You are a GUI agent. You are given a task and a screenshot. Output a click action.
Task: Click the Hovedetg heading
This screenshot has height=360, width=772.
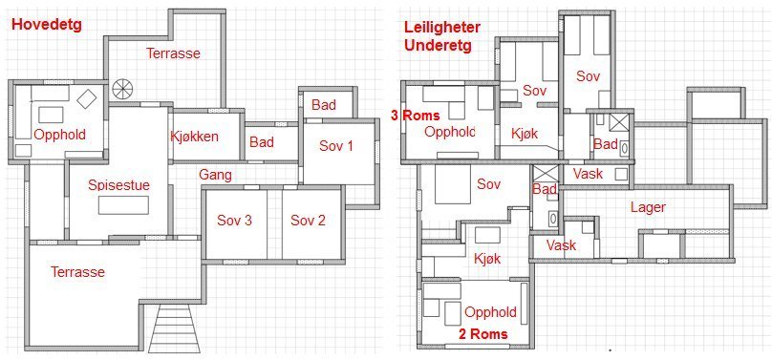[46, 25]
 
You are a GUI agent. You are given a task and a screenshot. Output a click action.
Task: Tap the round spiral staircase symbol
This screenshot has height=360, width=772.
[122, 89]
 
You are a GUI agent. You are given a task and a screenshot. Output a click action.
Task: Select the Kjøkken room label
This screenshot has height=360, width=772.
[194, 137]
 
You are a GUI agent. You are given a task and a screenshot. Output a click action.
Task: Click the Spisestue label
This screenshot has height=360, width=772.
[118, 185]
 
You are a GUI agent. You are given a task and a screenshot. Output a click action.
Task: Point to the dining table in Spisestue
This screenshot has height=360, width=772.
[123, 205]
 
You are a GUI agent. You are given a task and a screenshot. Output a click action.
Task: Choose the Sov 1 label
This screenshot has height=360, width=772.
[336, 145]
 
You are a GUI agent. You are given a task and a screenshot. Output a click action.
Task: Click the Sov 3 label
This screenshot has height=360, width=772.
[234, 221]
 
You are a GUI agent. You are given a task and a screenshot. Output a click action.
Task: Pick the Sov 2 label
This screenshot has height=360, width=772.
[309, 221]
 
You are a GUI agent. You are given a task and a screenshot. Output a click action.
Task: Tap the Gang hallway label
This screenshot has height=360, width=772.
[215, 175]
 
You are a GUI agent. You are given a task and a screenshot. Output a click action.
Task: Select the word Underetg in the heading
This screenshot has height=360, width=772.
[438, 46]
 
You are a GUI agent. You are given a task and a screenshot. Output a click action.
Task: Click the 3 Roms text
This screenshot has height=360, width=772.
[415, 116]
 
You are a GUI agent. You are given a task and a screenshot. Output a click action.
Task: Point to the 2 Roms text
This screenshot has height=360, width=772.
[483, 334]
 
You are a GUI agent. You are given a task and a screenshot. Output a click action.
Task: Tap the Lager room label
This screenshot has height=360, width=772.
[648, 207]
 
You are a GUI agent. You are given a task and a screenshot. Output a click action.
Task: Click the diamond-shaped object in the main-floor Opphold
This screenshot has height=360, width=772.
[87, 98]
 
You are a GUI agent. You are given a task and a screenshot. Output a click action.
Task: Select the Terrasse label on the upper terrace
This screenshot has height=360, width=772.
[173, 53]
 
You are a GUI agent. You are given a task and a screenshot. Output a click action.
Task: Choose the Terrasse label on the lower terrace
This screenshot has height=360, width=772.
[77, 271]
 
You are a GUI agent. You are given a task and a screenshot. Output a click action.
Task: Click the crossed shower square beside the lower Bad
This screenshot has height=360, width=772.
[545, 174]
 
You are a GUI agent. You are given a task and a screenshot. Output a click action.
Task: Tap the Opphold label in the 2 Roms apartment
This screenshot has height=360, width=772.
[490, 312]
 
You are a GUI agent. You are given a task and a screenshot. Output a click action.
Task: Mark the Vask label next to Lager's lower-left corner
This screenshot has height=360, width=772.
[561, 244]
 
